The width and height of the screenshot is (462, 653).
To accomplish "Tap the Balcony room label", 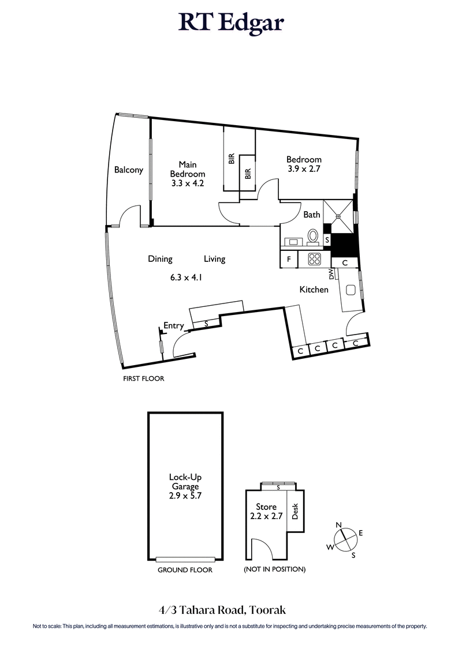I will (x=128, y=170).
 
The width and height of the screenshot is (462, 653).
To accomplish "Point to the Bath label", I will (x=312, y=215).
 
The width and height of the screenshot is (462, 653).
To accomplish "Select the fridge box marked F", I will (x=288, y=260).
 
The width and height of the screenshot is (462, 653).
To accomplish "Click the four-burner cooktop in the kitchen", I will (x=315, y=260).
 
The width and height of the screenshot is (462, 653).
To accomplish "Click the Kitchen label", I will (x=314, y=290).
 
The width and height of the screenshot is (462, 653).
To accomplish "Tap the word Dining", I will (x=160, y=259).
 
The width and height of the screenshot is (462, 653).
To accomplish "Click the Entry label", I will (x=173, y=326).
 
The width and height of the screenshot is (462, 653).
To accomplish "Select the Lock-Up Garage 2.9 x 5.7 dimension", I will (x=184, y=496).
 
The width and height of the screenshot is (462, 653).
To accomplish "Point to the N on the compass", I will (x=339, y=524).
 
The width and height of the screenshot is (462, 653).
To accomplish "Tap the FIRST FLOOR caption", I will (x=144, y=379).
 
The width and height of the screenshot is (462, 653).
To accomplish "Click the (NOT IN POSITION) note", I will (x=274, y=569).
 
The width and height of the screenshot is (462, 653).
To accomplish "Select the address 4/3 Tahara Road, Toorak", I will (x=230, y=609).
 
